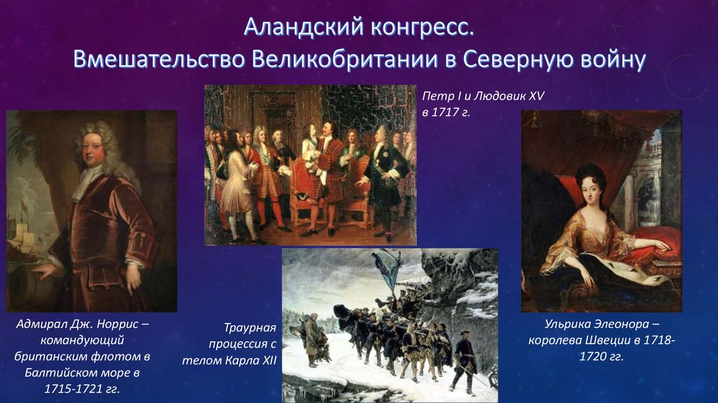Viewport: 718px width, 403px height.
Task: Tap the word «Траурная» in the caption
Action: pyautogui.click(x=250, y=328)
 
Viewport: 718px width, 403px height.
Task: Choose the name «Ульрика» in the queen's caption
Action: pyautogui.click(x=571, y=324)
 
